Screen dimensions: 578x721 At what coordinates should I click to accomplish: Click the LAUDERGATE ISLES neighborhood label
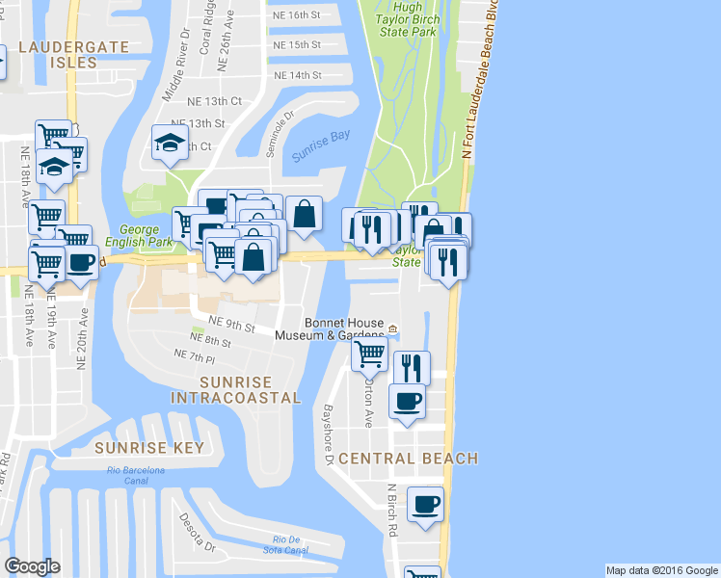pos(58,54)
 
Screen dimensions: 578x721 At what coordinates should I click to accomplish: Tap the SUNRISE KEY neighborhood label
pos(149,448)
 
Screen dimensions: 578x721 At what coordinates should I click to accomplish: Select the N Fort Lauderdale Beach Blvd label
pos(480,82)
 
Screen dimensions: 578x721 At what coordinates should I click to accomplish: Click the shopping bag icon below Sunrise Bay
pos(304,213)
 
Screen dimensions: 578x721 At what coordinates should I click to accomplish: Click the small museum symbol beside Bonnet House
pos(393,335)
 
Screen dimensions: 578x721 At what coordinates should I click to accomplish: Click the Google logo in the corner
pos(32,566)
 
